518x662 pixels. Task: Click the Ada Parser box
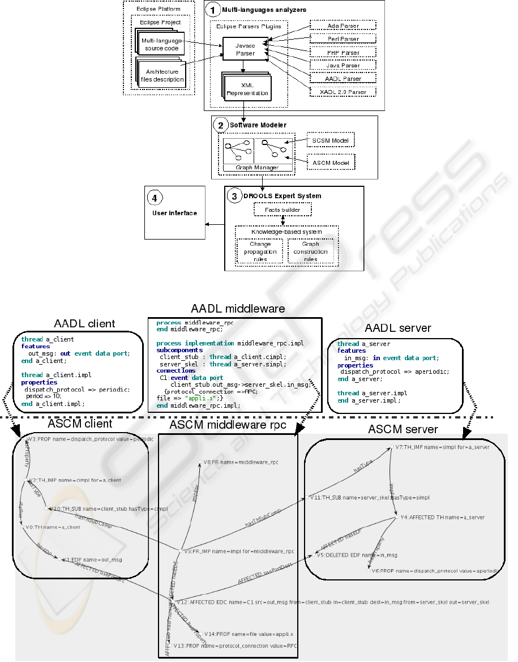click(343, 26)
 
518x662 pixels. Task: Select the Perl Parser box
click(343, 39)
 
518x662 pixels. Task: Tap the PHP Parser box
click(343, 53)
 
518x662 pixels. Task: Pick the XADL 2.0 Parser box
click(343, 92)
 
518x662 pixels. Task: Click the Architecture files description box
click(162, 75)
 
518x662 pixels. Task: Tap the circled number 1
click(212, 9)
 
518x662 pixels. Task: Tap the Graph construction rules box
click(310, 251)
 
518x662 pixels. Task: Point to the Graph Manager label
click(258, 168)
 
